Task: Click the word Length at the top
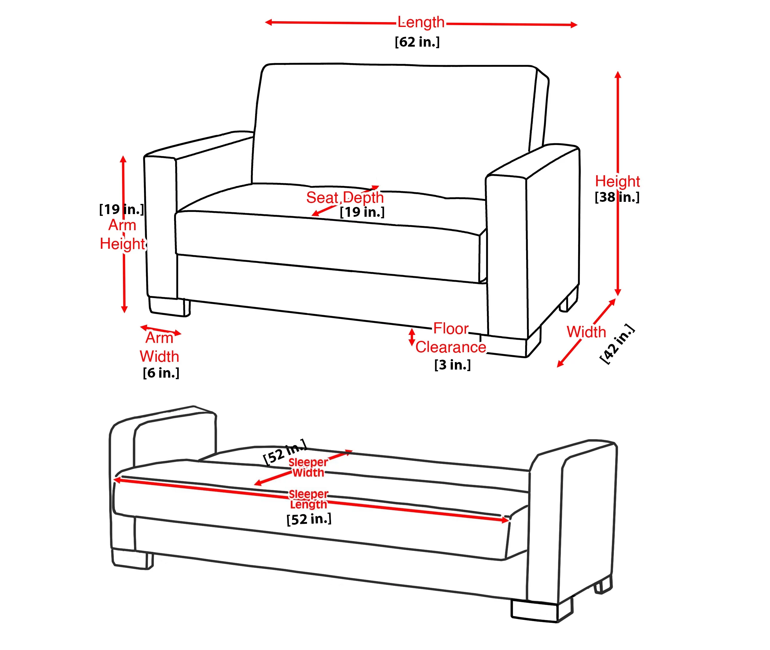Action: pyautogui.click(x=421, y=22)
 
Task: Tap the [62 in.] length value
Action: pyautogui.click(x=417, y=42)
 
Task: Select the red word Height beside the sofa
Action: pyautogui.click(x=617, y=181)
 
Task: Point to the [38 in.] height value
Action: pyautogui.click(x=617, y=198)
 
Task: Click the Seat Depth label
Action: pyautogui.click(x=345, y=198)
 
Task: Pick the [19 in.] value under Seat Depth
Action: pyautogui.click(x=362, y=212)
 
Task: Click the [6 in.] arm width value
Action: pyautogui.click(x=161, y=373)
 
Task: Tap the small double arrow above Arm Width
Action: pyautogui.click(x=161, y=330)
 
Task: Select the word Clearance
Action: pyautogui.click(x=450, y=347)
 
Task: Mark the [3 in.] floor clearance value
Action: pyautogui.click(x=452, y=365)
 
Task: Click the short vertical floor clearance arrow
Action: pyautogui.click(x=412, y=337)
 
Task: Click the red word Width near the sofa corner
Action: pyautogui.click(x=586, y=332)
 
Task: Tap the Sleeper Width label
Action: pyautogui.click(x=308, y=468)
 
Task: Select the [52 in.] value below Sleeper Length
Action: pyautogui.click(x=309, y=519)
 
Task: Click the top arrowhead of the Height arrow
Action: pyautogui.click(x=618, y=75)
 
